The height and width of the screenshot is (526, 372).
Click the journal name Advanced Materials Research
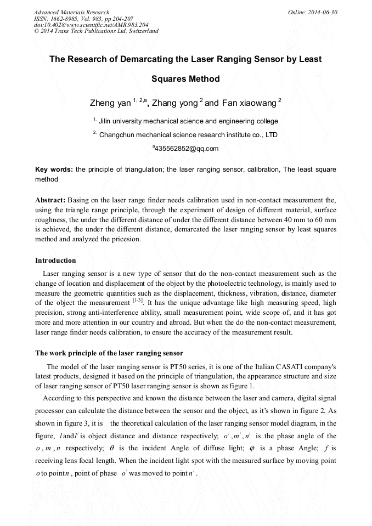(x=72, y=12)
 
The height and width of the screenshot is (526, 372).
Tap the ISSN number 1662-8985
(x=65, y=19)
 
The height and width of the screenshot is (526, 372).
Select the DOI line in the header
(x=91, y=25)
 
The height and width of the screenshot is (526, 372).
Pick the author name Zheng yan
(x=110, y=103)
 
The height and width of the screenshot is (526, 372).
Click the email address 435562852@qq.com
(x=187, y=149)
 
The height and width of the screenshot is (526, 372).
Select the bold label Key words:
(x=54, y=169)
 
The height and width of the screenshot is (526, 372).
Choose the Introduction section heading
(x=55, y=260)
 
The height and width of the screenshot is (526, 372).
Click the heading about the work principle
(x=109, y=353)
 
